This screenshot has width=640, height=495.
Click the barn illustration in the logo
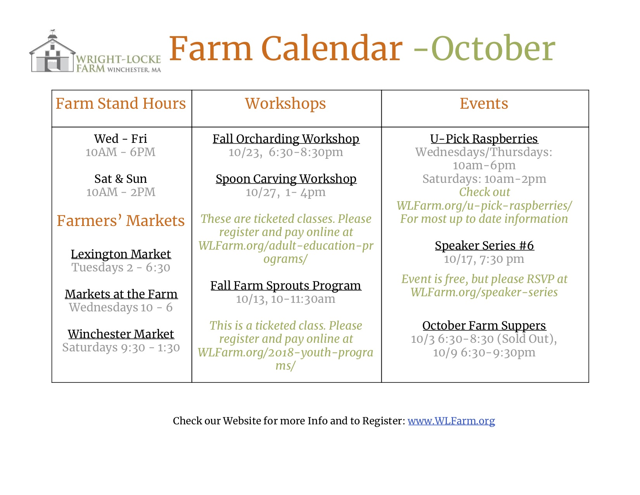click(52, 52)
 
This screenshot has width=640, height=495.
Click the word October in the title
click(493, 49)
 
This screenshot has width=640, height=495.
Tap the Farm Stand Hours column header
click(121, 104)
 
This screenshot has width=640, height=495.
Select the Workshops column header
click(285, 104)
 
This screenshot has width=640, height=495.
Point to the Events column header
click(484, 104)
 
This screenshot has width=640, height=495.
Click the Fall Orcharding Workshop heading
click(286, 139)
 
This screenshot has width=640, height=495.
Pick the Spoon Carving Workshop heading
click(286, 179)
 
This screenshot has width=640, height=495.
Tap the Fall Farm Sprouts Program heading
click(286, 286)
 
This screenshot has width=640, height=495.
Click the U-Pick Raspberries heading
click(484, 139)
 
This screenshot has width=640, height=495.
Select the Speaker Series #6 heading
click(484, 246)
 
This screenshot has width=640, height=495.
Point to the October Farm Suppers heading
click(484, 326)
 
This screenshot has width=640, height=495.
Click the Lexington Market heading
click(121, 254)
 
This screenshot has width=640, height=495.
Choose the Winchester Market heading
click(121, 334)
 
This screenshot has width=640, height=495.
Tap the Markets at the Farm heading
click(121, 294)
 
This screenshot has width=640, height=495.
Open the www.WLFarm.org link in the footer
click(451, 421)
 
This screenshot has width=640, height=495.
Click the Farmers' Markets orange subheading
click(121, 221)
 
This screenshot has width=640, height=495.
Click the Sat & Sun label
click(121, 179)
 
